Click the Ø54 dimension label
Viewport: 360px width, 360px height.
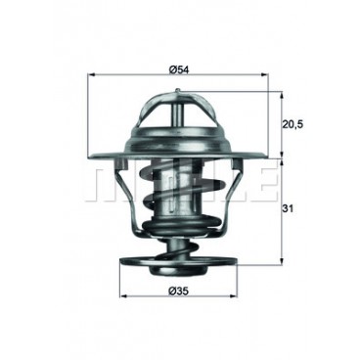(178, 67)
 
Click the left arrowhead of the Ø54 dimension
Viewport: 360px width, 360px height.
(91, 75)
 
